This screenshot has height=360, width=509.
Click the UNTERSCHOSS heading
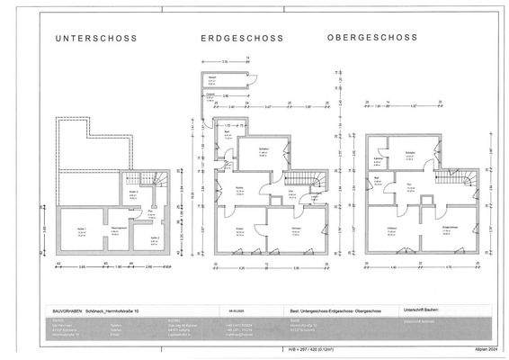[94, 40]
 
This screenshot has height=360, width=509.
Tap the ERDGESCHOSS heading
[241, 40]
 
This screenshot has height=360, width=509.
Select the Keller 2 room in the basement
[154, 239]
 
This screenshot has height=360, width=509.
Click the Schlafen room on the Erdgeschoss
[264, 152]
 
